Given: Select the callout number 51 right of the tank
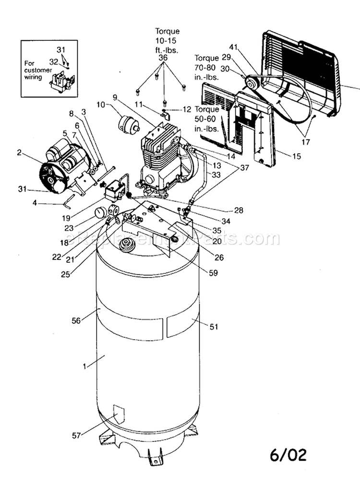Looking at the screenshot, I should click(x=214, y=327).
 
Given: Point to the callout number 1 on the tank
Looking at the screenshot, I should click(x=84, y=366).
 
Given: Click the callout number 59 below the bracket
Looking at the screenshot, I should click(x=213, y=273).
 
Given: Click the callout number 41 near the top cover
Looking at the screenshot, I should click(x=233, y=47).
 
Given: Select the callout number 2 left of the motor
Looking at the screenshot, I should click(x=19, y=153).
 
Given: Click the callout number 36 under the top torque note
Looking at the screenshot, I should click(x=163, y=57).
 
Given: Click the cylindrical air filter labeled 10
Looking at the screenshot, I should click(x=129, y=125).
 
